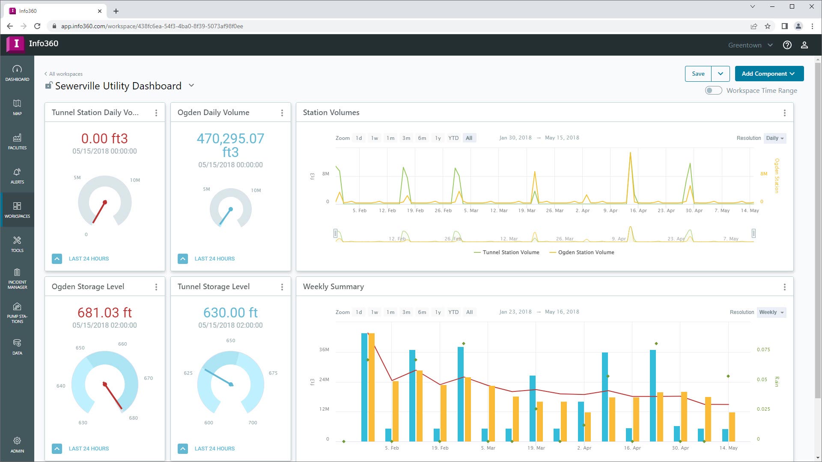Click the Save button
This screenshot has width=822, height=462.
pyautogui.click(x=698, y=74)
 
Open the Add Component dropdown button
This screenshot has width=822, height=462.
pyautogui.click(x=769, y=74)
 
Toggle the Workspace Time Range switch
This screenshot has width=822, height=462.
pyautogui.click(x=713, y=90)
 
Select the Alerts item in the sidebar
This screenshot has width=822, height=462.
pyautogui.click(x=17, y=175)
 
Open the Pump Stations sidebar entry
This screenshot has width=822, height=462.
pyautogui.click(x=17, y=312)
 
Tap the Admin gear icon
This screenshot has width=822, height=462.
pyautogui.click(x=17, y=441)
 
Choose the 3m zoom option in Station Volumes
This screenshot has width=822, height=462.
pyautogui.click(x=406, y=138)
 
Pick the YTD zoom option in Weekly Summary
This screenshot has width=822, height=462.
pyautogui.click(x=453, y=312)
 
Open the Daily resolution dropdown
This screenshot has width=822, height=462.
pyautogui.click(x=775, y=138)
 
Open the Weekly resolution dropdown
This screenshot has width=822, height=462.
pyautogui.click(x=771, y=312)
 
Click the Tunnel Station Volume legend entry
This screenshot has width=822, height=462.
pyautogui.click(x=510, y=252)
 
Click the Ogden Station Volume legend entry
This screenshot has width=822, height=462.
pyautogui.click(x=586, y=252)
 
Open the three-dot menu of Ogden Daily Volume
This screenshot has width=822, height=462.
pyautogui.click(x=282, y=113)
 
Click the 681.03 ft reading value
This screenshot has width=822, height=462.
pyautogui.click(x=104, y=313)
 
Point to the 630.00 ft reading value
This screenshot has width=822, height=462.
pyautogui.click(x=230, y=313)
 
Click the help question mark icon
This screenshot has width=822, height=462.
pyautogui.click(x=787, y=45)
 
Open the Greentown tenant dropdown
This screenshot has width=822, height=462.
pyautogui.click(x=750, y=45)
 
